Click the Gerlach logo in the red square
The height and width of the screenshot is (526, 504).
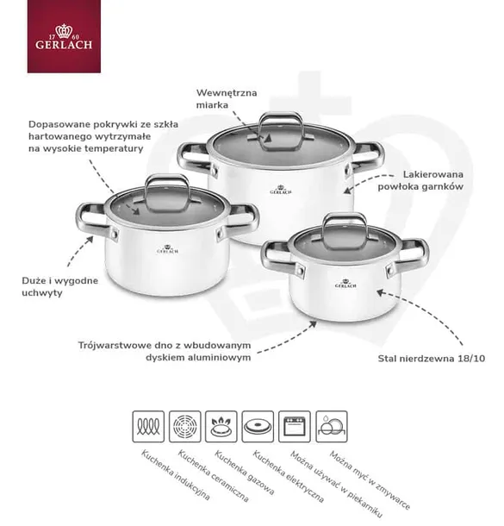(64, 36)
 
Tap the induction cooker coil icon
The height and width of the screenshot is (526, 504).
(148, 426)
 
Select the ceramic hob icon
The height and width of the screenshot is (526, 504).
(184, 426)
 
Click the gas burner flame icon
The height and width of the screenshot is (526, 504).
(221, 426)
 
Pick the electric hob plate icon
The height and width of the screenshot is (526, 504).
(258, 426)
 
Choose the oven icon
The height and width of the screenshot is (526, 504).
(295, 426)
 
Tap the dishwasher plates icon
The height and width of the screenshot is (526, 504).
(332, 426)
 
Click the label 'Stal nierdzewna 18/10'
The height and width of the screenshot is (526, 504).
(432, 359)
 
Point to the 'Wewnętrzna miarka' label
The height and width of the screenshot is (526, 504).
(227, 98)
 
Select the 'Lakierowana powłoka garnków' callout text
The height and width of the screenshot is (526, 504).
(420, 180)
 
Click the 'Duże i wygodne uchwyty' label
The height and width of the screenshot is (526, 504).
(60, 287)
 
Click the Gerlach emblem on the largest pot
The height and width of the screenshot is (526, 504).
(281, 190)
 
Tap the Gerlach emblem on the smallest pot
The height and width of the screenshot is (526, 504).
(345, 284)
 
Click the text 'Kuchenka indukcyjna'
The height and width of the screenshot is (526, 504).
(175, 475)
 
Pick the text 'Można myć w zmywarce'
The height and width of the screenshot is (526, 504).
(370, 480)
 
